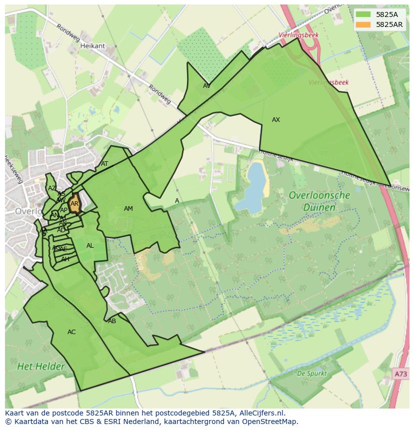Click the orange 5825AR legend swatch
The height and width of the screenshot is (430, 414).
point(363,24)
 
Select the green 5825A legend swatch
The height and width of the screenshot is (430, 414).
point(363,14)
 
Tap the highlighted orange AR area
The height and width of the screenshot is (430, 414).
point(74,204)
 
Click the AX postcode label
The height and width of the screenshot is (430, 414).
point(276,120)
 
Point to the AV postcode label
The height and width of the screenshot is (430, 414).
point(206,86)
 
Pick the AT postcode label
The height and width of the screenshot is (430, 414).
point(104,164)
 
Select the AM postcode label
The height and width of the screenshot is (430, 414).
point(128,209)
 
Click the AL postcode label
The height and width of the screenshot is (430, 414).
point(90,246)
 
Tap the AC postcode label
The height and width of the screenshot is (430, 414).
point(71,332)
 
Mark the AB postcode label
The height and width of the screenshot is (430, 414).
point(112,321)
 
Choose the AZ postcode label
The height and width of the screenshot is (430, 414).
point(52,188)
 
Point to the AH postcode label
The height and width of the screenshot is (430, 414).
point(65,259)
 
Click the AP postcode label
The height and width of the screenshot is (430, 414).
point(63,210)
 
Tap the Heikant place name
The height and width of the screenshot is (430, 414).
point(92,46)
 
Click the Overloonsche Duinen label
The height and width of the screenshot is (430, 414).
point(319,201)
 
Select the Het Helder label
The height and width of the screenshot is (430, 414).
point(41,367)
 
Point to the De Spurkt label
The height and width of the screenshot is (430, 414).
point(311,373)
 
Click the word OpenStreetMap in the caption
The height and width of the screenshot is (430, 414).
point(271,422)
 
